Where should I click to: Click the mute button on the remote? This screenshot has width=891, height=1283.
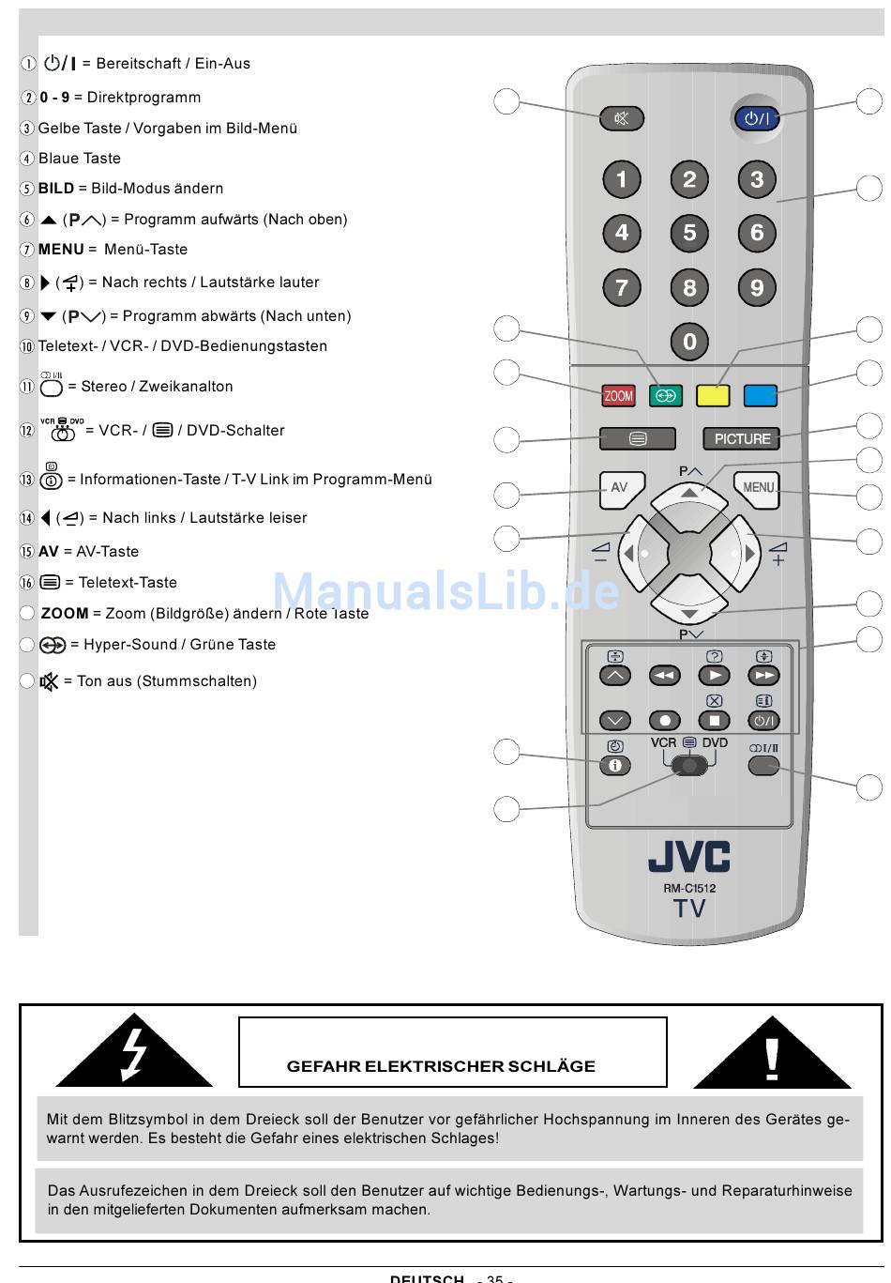(622, 118)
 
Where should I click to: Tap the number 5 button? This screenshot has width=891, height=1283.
(689, 233)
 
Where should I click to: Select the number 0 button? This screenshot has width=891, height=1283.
(689, 342)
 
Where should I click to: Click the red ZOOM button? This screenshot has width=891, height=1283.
(618, 396)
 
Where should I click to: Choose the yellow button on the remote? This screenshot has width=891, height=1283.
(713, 396)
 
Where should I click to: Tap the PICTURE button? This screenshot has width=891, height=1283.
(742, 438)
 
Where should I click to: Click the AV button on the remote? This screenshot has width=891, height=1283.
(619, 488)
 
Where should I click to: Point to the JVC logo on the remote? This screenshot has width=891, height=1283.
(689, 856)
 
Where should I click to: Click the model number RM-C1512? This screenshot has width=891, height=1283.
(689, 888)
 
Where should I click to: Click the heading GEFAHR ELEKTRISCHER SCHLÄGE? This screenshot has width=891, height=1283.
(441, 1066)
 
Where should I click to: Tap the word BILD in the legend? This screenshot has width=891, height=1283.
(56, 189)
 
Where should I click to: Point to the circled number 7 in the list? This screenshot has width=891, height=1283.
(27, 250)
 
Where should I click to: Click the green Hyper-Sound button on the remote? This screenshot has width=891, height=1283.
(666, 396)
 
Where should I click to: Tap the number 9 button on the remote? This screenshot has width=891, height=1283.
(757, 287)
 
